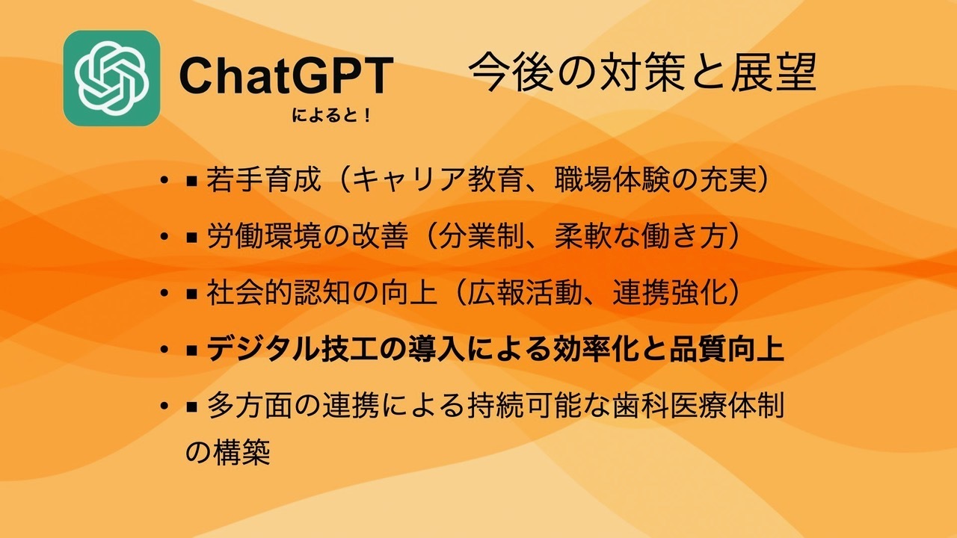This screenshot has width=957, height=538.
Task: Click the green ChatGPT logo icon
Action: click(x=111, y=78)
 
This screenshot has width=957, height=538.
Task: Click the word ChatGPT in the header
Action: click(x=286, y=76)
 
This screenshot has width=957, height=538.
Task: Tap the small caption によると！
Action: click(x=331, y=116)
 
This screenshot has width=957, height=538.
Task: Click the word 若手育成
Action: click(x=264, y=180)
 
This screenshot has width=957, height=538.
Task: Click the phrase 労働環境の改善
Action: click(x=307, y=236)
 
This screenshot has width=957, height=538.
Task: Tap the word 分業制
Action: click(x=482, y=236)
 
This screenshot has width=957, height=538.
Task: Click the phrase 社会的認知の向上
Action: click(x=321, y=293)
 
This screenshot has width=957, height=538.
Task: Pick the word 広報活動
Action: click(x=525, y=293)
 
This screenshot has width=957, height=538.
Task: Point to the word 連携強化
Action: click(x=669, y=293)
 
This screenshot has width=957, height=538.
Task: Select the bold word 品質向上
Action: click(x=727, y=350)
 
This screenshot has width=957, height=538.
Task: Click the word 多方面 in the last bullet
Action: click(x=250, y=406)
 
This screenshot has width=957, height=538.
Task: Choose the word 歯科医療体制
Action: click(x=698, y=406)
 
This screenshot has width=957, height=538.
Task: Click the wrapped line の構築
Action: click(x=228, y=452)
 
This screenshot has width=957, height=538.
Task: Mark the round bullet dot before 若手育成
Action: click(x=164, y=180)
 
